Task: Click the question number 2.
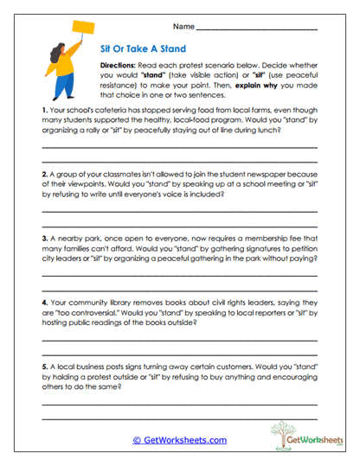[x=44, y=174]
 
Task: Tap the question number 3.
[x=44, y=236]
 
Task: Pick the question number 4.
[x=44, y=303]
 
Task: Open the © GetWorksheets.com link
[x=179, y=439]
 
